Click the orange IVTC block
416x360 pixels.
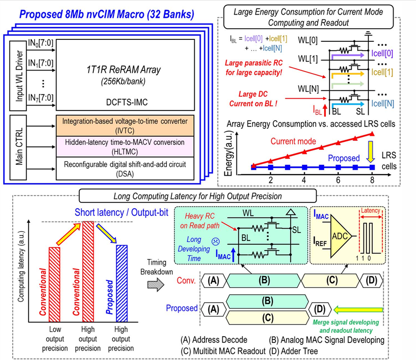(126, 124)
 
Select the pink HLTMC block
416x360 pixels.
(126, 144)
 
